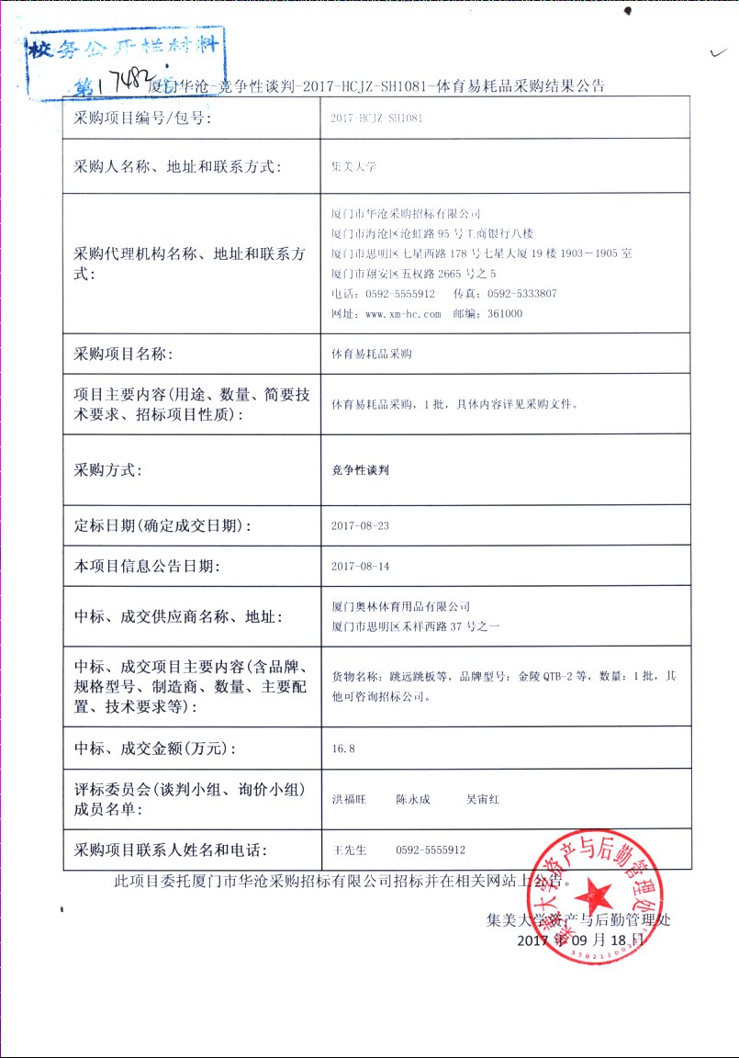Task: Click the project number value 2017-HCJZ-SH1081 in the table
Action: (x=376, y=118)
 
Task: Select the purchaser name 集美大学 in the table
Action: (x=354, y=167)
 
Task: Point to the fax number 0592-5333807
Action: (x=522, y=294)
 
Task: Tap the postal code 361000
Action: (x=505, y=313)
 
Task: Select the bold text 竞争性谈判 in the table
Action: (x=361, y=469)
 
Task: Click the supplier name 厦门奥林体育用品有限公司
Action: (x=401, y=606)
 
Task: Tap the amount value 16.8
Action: (x=343, y=748)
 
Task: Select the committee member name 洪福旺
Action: (x=349, y=800)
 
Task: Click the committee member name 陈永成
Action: (x=413, y=800)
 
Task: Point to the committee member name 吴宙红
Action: (x=483, y=800)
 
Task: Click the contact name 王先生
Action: (x=349, y=850)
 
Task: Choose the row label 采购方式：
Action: (x=107, y=470)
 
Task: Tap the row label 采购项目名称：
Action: (x=122, y=354)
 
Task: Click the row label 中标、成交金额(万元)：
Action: (x=155, y=748)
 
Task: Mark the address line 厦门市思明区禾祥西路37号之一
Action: (x=415, y=626)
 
